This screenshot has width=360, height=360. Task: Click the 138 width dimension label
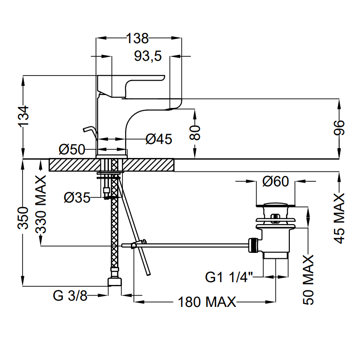[137, 39]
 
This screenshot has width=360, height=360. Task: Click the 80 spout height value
[195, 133]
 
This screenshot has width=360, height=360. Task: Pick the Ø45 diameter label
[159, 139]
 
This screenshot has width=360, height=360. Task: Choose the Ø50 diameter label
[72, 149]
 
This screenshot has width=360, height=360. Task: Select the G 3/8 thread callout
[70, 296]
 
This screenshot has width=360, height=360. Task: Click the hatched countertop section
[72, 164]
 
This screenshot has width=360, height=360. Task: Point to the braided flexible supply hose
[114, 225]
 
